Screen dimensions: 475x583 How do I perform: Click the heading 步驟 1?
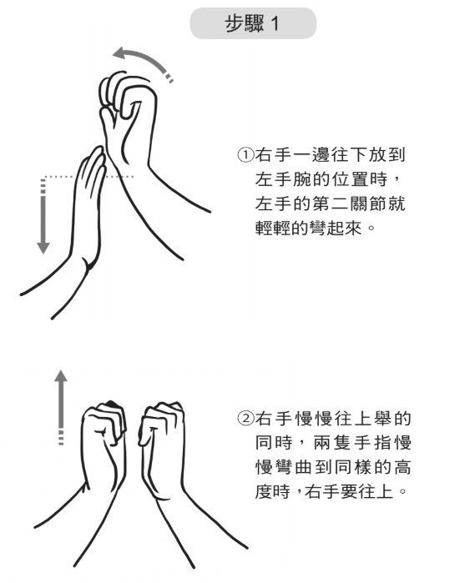(252, 24)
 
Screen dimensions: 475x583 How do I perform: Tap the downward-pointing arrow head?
(43, 248)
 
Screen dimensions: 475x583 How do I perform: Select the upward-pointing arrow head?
(61, 376)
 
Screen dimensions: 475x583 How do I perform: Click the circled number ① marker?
(245, 154)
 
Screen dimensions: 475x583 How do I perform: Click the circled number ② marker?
(245, 419)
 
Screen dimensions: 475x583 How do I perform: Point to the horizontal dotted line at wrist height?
(88, 176)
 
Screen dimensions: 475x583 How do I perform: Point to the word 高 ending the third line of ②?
(402, 467)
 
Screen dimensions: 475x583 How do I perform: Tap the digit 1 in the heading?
(275, 24)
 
